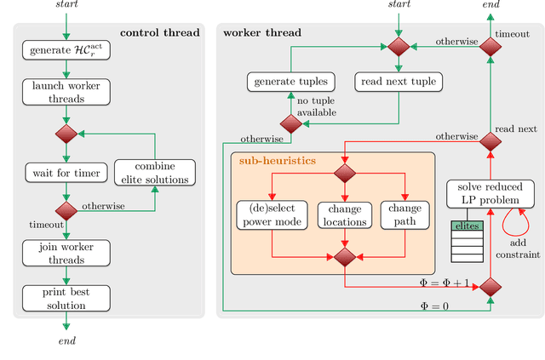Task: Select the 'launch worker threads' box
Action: [x=66, y=92]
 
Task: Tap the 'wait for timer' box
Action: [x=66, y=174]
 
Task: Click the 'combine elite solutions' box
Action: [x=154, y=174]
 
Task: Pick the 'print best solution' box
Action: [x=66, y=298]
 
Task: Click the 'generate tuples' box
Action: [x=290, y=82]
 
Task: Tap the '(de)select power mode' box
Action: [x=271, y=215]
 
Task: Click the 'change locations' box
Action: [x=344, y=215]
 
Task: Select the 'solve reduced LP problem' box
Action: [x=488, y=192]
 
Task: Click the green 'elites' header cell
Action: [x=467, y=226]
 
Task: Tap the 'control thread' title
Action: [x=159, y=32]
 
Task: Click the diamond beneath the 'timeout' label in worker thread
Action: [x=489, y=48]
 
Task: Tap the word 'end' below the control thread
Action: [x=66, y=340]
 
